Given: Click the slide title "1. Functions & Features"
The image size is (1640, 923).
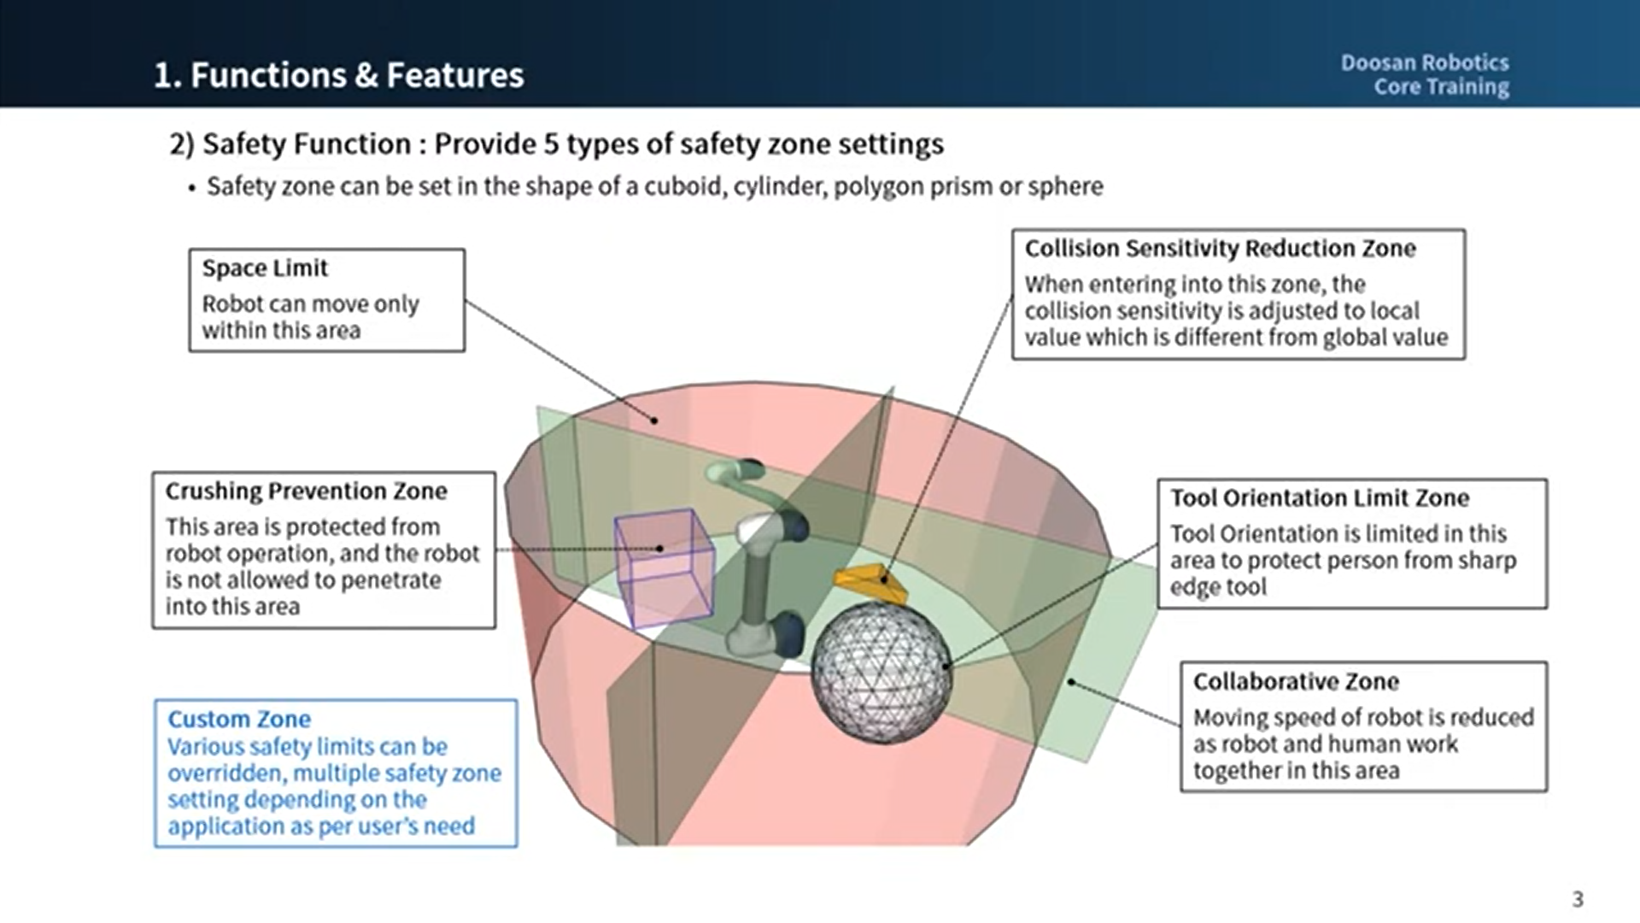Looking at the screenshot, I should click(x=338, y=75).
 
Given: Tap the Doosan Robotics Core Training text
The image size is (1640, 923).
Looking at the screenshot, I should click(x=1424, y=74).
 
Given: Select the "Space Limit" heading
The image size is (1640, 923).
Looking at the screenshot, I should click(x=265, y=268).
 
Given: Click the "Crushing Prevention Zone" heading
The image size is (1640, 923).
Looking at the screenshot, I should click(x=306, y=491).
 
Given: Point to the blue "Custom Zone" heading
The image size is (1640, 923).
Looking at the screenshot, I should click(x=239, y=720).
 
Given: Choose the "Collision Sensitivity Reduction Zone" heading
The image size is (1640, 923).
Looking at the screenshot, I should click(x=1220, y=249).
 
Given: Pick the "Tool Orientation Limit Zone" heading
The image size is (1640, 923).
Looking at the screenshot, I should click(x=1320, y=498).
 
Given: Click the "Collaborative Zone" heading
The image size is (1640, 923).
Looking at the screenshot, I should click(x=1296, y=682).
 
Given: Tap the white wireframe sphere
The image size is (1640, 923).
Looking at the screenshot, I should click(x=880, y=673).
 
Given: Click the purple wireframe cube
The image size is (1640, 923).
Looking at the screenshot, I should click(x=665, y=567).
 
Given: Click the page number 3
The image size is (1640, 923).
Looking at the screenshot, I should click(x=1578, y=899).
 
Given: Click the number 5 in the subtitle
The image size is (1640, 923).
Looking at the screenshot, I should click(x=551, y=144).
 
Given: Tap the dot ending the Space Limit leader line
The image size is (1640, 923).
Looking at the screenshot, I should click(x=654, y=420).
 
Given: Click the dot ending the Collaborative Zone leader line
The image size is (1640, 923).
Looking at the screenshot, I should click(x=1071, y=682).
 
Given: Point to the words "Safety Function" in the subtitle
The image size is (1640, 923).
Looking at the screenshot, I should click(x=307, y=144).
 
